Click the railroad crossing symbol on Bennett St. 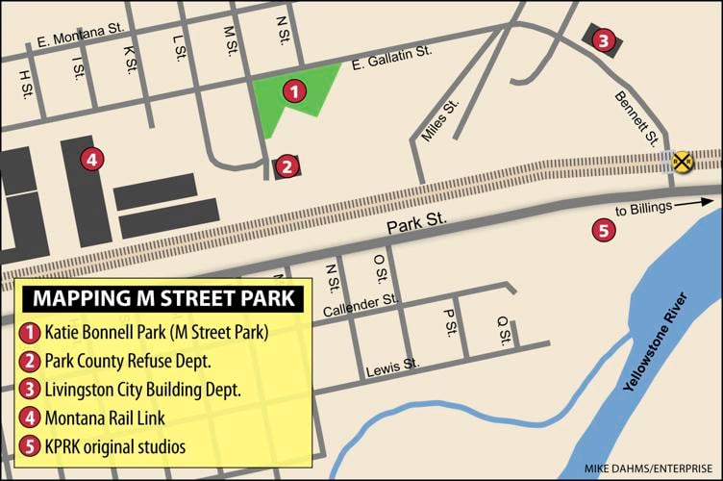(x=683, y=161)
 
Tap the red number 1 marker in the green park (x=295, y=91)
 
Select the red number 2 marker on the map (x=286, y=166)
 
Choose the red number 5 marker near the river (x=603, y=230)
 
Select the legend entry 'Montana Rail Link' (x=105, y=418)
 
